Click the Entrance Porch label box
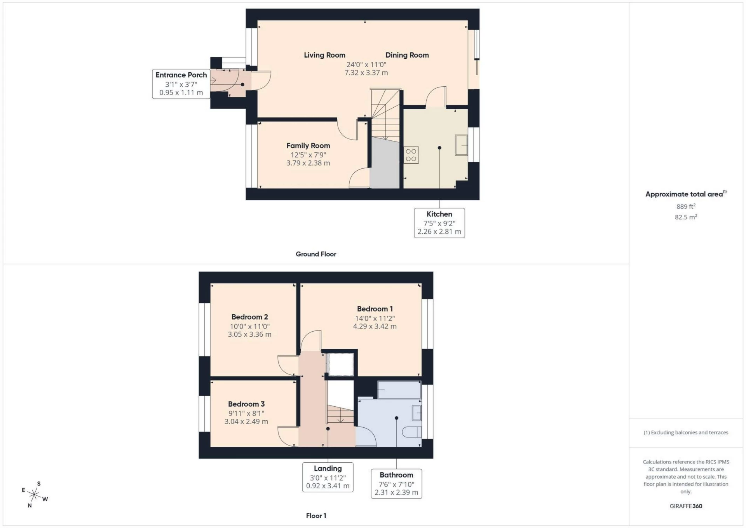pyautogui.click(x=181, y=84)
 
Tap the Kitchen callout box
pyautogui.click(x=439, y=223)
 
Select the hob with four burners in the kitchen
pyautogui.click(x=411, y=155)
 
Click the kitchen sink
pyautogui.click(x=461, y=145)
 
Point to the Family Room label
pyautogui.click(x=308, y=145)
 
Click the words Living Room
pyautogui.click(x=324, y=55)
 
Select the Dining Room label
pyautogui.click(x=407, y=55)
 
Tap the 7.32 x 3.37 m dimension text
pyautogui.click(x=366, y=73)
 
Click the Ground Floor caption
pyautogui.click(x=316, y=254)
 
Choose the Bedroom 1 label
pyautogui.click(x=375, y=309)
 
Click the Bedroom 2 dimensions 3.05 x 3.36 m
pyautogui.click(x=249, y=334)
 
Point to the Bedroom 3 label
pyautogui.click(x=246, y=404)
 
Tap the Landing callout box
pyautogui.click(x=328, y=477)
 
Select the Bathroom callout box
pyautogui.click(x=396, y=484)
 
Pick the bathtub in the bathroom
pyautogui.click(x=399, y=390)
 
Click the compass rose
pyautogui.click(x=35, y=495)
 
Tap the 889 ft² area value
pyautogui.click(x=686, y=206)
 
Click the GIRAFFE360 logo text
pyautogui.click(x=686, y=506)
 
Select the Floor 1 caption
pyautogui.click(x=316, y=516)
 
